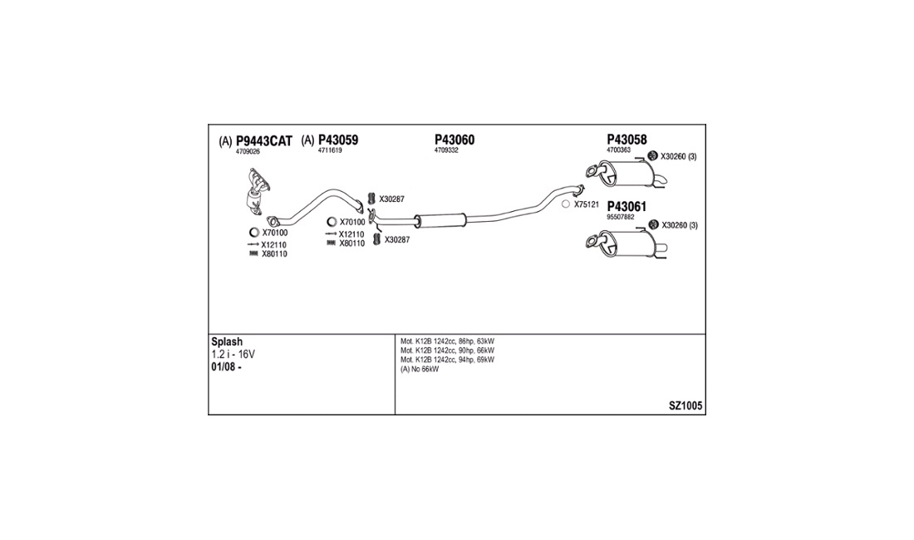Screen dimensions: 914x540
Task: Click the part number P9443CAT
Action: [263, 141]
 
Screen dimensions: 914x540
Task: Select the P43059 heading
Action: [338, 140]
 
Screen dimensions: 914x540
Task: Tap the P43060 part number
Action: [454, 140]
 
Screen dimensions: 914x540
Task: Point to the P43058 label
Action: [627, 140]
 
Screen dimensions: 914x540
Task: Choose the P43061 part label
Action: [627, 207]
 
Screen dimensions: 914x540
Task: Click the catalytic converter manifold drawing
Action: [257, 191]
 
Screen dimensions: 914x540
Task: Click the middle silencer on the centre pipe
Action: [440, 221]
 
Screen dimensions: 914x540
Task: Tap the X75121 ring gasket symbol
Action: [565, 204]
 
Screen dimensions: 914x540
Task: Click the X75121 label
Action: [587, 204]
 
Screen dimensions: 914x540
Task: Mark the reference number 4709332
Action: [446, 150]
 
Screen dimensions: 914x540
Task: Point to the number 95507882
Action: [620, 217]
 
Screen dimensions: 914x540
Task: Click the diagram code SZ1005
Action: [685, 406]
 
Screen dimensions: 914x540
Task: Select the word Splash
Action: [227, 342]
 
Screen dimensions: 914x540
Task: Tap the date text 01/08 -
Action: [226, 367]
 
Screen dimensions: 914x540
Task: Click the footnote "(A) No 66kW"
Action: [420, 370]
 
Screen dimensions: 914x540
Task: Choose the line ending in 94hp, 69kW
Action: [447, 360]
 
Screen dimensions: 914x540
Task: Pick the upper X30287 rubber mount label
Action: [391, 199]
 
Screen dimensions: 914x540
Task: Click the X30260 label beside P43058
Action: [679, 157]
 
